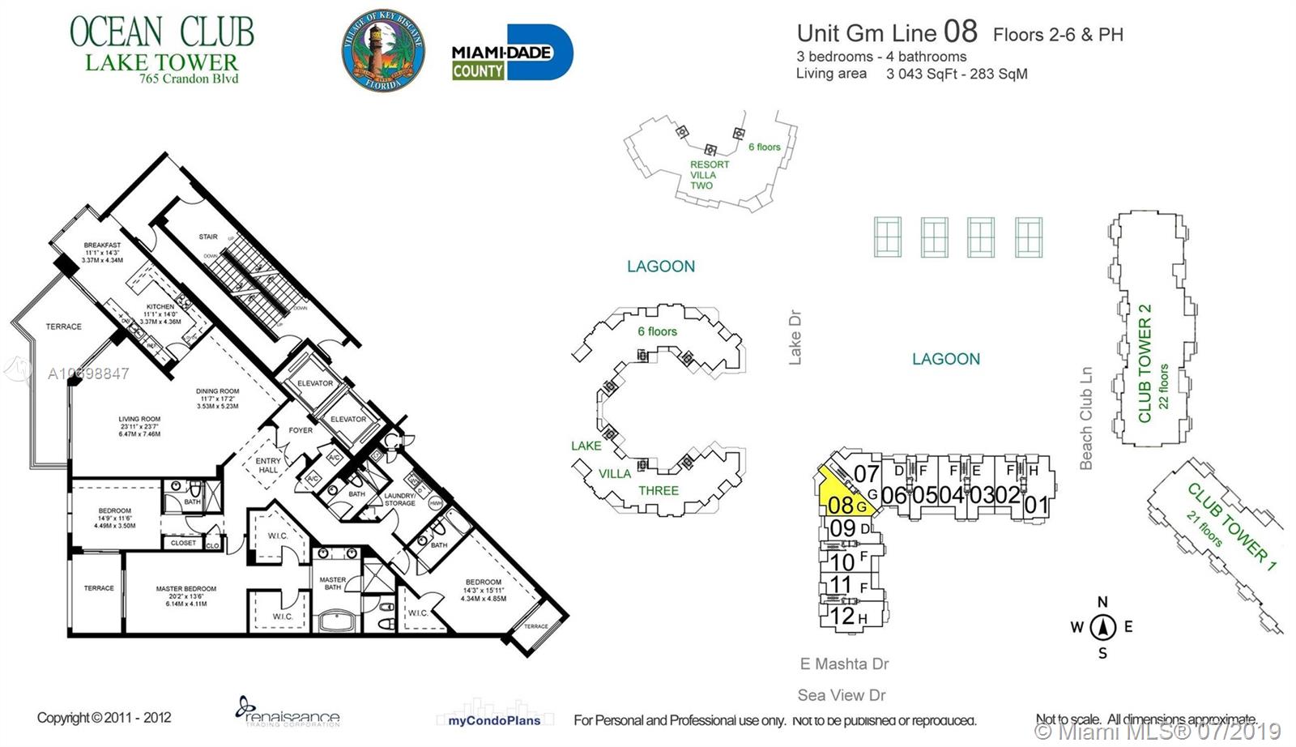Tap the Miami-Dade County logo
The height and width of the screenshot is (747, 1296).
click(x=511, y=53)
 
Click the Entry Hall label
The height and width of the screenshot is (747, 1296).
click(x=268, y=465)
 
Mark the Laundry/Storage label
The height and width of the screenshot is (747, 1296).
click(x=399, y=499)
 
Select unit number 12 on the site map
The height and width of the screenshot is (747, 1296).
click(x=842, y=616)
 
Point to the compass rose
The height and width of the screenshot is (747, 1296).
click(x=1102, y=627)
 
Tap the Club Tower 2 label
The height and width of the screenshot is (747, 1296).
click(x=1145, y=363)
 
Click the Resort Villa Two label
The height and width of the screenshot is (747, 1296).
click(x=708, y=175)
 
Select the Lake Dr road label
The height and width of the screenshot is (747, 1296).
click(x=795, y=337)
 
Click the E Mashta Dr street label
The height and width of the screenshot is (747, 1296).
click(x=844, y=664)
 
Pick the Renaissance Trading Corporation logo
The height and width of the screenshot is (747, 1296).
click(x=288, y=712)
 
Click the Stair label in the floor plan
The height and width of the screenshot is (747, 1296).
click(x=208, y=237)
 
